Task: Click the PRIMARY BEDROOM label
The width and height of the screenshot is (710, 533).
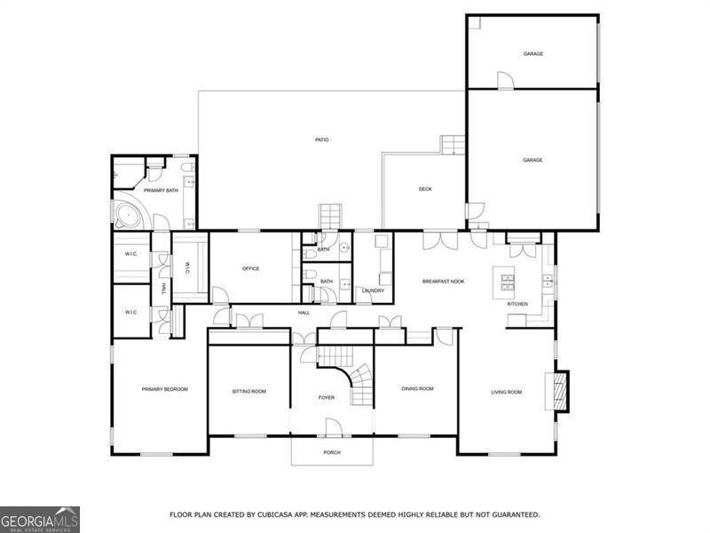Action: click(164, 389)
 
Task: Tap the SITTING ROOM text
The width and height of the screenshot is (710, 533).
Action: click(249, 391)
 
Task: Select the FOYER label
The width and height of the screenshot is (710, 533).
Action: click(327, 397)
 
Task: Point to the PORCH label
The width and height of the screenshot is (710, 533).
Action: click(332, 452)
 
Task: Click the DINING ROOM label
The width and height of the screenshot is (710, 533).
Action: click(417, 388)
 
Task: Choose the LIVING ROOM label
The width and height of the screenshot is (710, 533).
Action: click(507, 392)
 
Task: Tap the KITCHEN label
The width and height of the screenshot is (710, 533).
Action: click(517, 304)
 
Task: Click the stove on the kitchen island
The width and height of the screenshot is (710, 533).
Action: click(509, 282)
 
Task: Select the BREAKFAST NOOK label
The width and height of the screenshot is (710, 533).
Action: click(443, 282)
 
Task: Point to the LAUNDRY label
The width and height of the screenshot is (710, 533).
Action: click(373, 290)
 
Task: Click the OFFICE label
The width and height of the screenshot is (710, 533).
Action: click(250, 268)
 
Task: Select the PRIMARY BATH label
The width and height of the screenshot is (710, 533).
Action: click(161, 190)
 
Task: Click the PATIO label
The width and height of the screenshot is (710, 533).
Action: click(323, 139)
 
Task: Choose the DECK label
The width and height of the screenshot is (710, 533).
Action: click(425, 188)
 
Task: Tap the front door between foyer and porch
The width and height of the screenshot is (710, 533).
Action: click(332, 432)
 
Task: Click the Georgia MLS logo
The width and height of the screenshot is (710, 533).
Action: click(40, 519)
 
